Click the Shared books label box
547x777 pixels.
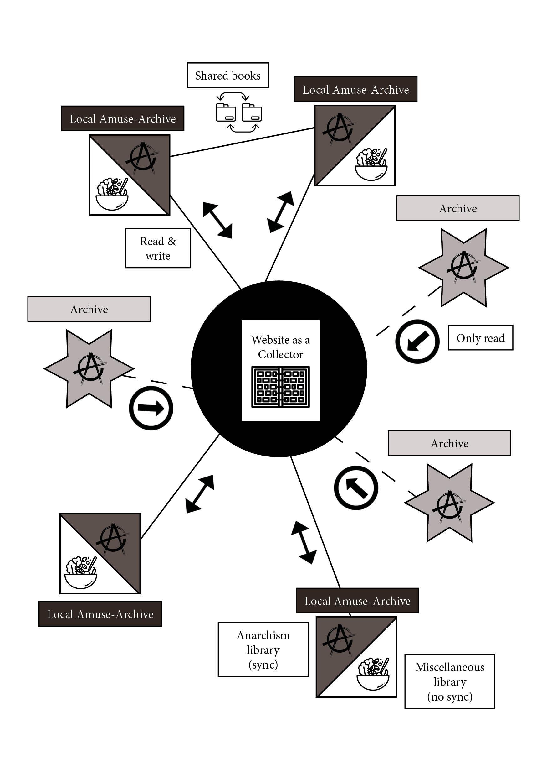(x=227, y=75)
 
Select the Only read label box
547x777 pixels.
(x=480, y=338)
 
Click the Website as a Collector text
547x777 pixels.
(x=280, y=347)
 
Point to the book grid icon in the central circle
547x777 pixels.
(x=280, y=387)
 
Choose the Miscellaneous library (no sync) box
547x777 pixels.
(x=449, y=681)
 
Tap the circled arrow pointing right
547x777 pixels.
(x=151, y=408)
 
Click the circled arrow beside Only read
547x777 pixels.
(x=417, y=341)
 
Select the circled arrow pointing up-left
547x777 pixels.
(x=356, y=488)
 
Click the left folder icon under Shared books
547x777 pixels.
(x=226, y=113)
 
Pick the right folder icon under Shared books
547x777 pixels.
(x=252, y=113)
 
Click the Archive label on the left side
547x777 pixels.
(x=89, y=309)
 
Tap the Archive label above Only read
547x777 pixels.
(x=458, y=208)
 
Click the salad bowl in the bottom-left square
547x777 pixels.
(x=81, y=573)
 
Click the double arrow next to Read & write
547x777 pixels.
(x=217, y=220)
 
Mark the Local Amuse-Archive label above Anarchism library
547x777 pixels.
(x=357, y=601)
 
